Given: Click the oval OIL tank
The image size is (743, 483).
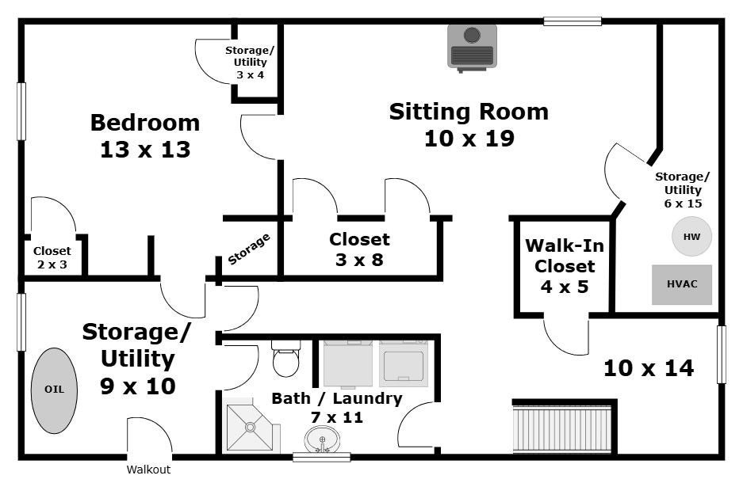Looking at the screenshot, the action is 54,390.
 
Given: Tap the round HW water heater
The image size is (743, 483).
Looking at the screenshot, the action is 691,237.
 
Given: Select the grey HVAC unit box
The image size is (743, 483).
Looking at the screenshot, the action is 682,284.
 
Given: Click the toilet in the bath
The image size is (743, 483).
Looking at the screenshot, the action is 285,359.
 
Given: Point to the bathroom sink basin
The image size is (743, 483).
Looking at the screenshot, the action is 322,439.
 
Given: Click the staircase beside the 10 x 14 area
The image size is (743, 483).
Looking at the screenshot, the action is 564,428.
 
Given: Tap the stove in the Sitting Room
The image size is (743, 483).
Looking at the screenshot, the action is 472,48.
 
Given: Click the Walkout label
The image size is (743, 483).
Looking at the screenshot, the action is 148,470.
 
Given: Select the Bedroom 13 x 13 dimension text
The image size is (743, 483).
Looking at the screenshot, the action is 145,150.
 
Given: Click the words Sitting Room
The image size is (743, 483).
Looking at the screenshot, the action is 469,112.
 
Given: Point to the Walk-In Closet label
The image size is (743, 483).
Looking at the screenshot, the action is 565,256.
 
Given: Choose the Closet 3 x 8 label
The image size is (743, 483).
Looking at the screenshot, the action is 359,249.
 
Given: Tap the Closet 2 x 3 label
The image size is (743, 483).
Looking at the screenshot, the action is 52,258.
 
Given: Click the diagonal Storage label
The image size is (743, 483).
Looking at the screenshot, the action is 249,249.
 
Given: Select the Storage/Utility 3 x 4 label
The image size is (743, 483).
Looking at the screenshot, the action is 250,63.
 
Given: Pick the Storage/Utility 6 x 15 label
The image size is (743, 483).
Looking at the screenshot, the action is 683,190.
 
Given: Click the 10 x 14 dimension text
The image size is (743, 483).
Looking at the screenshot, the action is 649,368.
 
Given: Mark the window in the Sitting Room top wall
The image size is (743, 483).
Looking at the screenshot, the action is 573,21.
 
